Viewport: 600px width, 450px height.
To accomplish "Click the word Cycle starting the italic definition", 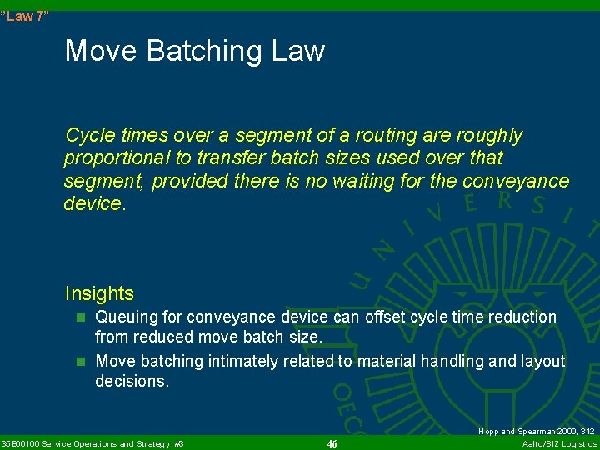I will coord(87,136).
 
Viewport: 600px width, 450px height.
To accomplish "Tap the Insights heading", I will coord(99,293).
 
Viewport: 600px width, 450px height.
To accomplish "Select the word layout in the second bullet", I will coord(543,361).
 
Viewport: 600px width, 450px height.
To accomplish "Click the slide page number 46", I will coord(332,443).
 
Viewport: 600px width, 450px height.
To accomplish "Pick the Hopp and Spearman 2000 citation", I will coord(536,431).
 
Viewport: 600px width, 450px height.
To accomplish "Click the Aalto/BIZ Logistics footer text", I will coord(559,443).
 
